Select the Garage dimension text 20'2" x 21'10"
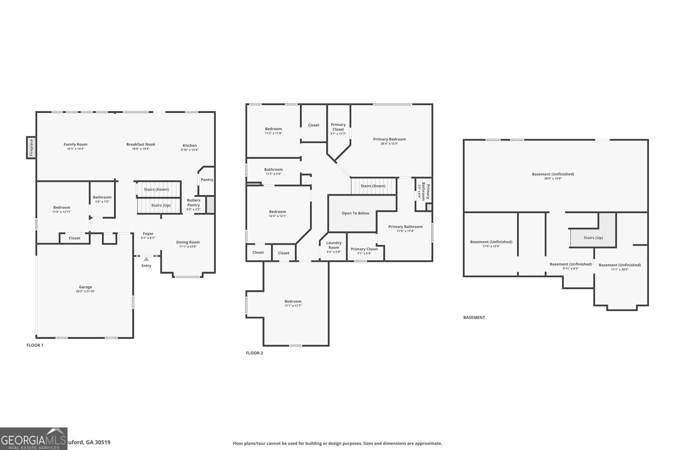[85, 291]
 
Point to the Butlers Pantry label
[193, 203]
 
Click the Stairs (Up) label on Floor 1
[161, 205]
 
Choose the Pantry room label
[207, 180]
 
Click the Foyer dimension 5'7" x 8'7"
[148, 238]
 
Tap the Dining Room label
[188, 242]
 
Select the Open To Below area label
[355, 213]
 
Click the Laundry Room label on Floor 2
[333, 245]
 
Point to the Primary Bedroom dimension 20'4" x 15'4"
[389, 144]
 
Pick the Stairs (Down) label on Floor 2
[373, 186]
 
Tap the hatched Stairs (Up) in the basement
[593, 238]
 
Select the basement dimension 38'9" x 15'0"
[553, 178]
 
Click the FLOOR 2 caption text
[254, 353]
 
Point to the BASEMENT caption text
[474, 317]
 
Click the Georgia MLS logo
[34, 439]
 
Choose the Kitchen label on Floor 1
[190, 146]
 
